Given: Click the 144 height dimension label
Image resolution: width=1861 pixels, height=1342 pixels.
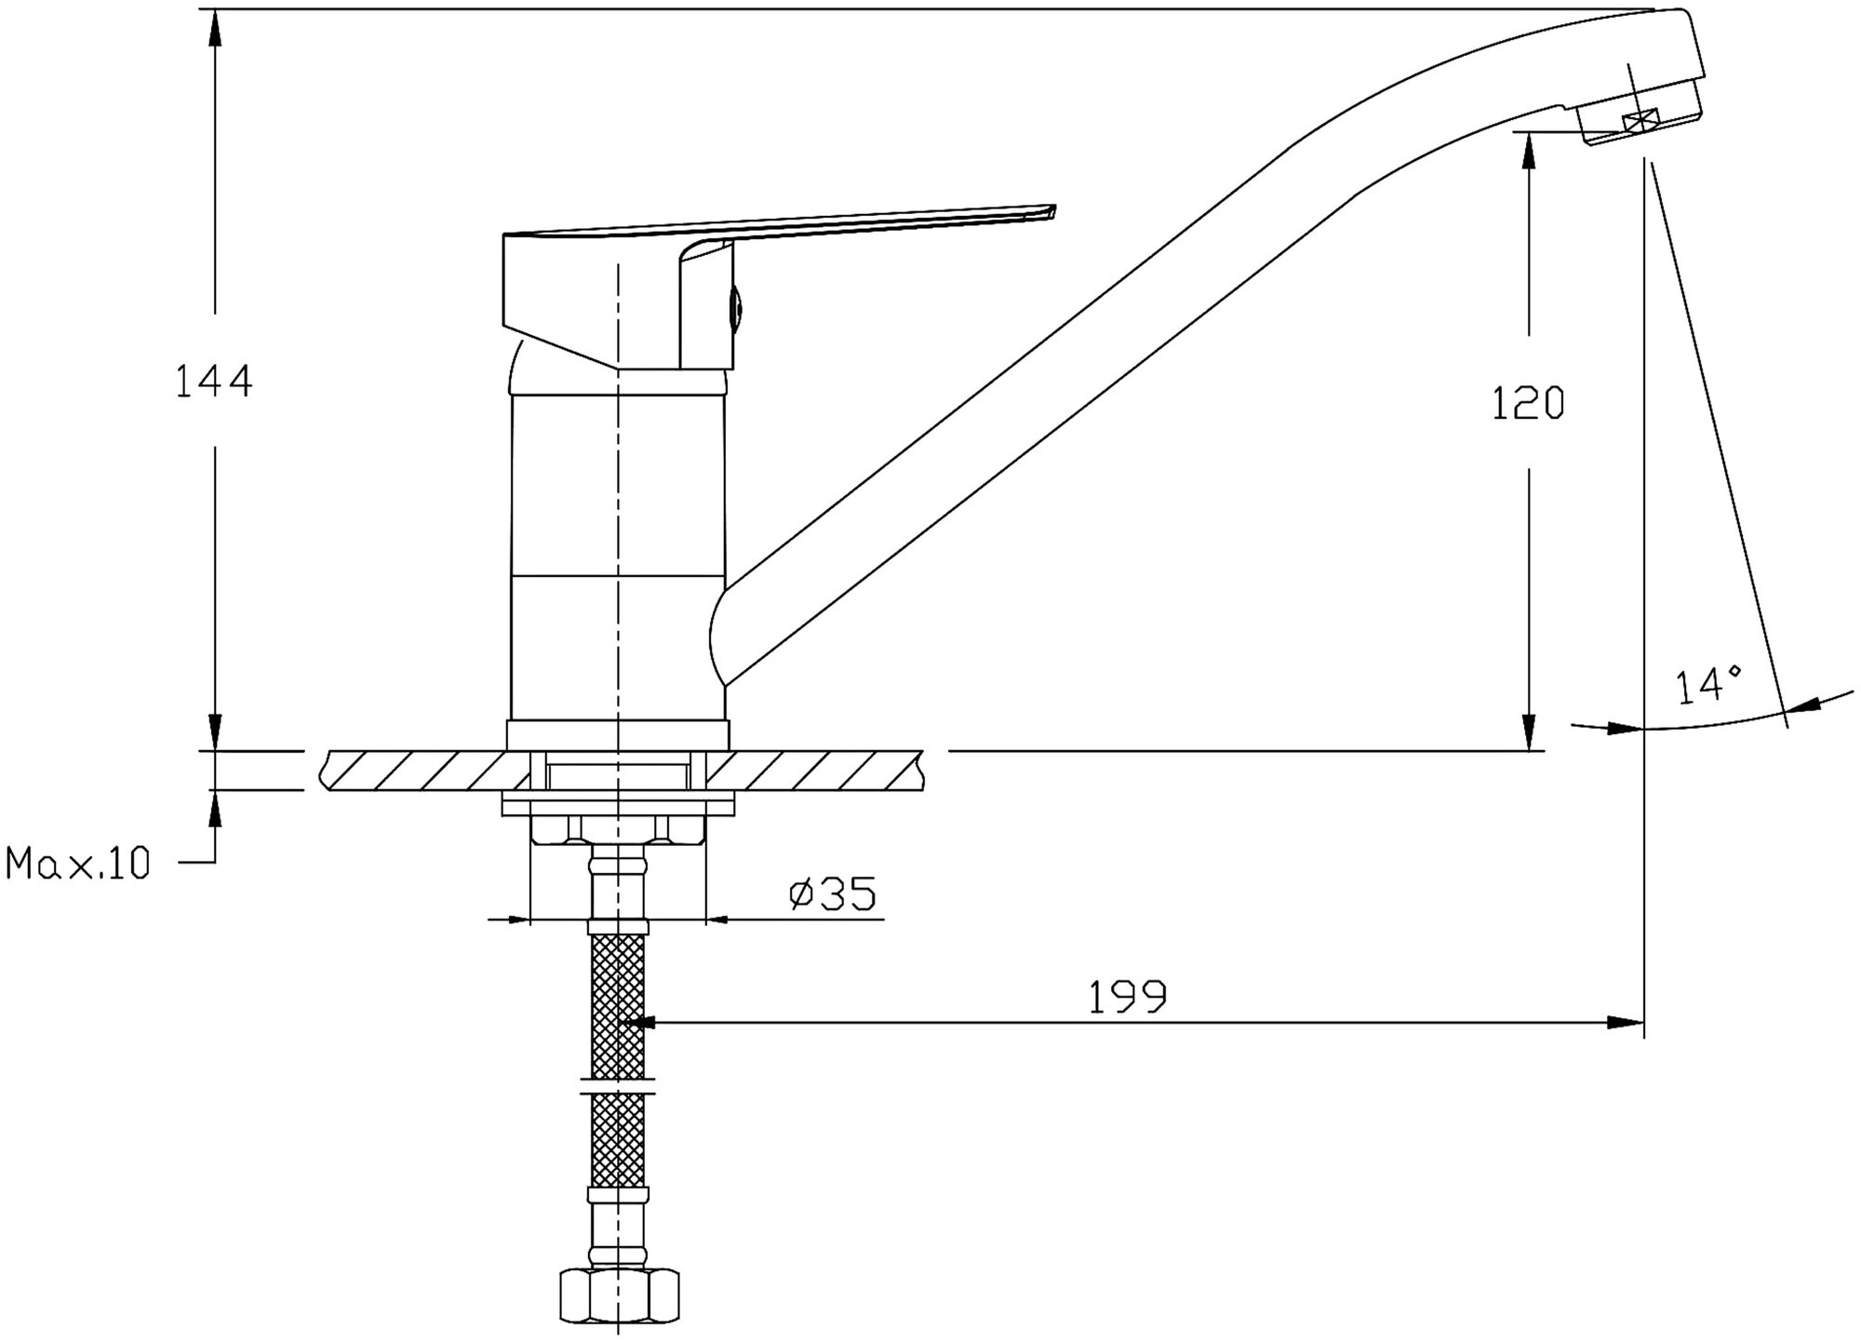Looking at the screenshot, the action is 214,382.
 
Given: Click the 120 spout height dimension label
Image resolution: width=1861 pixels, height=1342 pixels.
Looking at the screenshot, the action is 1528,403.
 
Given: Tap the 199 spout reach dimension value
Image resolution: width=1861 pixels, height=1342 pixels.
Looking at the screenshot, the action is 1127,998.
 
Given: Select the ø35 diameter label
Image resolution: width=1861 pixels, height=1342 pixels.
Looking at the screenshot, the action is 832,894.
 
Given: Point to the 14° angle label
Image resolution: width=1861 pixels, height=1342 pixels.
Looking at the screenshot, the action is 1709,686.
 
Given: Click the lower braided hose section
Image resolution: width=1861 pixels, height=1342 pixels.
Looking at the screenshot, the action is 618,1140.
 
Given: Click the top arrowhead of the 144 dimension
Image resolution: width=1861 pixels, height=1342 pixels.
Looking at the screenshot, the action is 215,28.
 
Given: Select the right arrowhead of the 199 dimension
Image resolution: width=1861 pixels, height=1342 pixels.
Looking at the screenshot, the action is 1627,1023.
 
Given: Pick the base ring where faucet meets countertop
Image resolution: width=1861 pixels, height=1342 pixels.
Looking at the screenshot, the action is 618,734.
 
